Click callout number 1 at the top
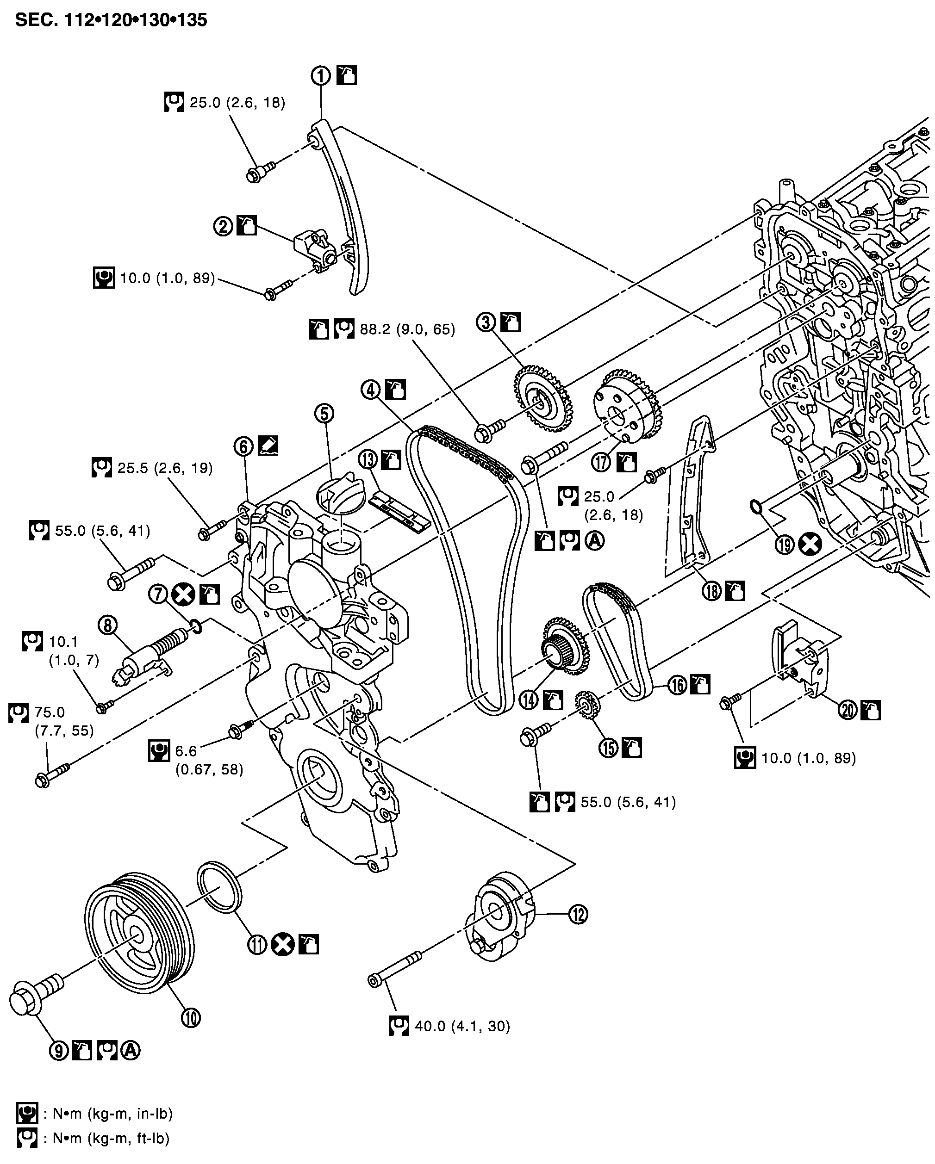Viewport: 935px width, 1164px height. tap(320, 75)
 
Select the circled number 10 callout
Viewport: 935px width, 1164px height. tap(191, 1018)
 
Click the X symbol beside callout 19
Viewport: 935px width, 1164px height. tap(811, 544)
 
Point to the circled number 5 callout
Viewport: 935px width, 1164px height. tap(324, 414)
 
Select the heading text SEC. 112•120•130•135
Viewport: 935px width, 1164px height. tap(111, 20)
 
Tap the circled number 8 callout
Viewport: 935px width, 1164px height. tap(107, 625)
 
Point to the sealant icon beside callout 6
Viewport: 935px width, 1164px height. tap(268, 446)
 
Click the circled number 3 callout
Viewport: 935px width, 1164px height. tap(486, 322)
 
